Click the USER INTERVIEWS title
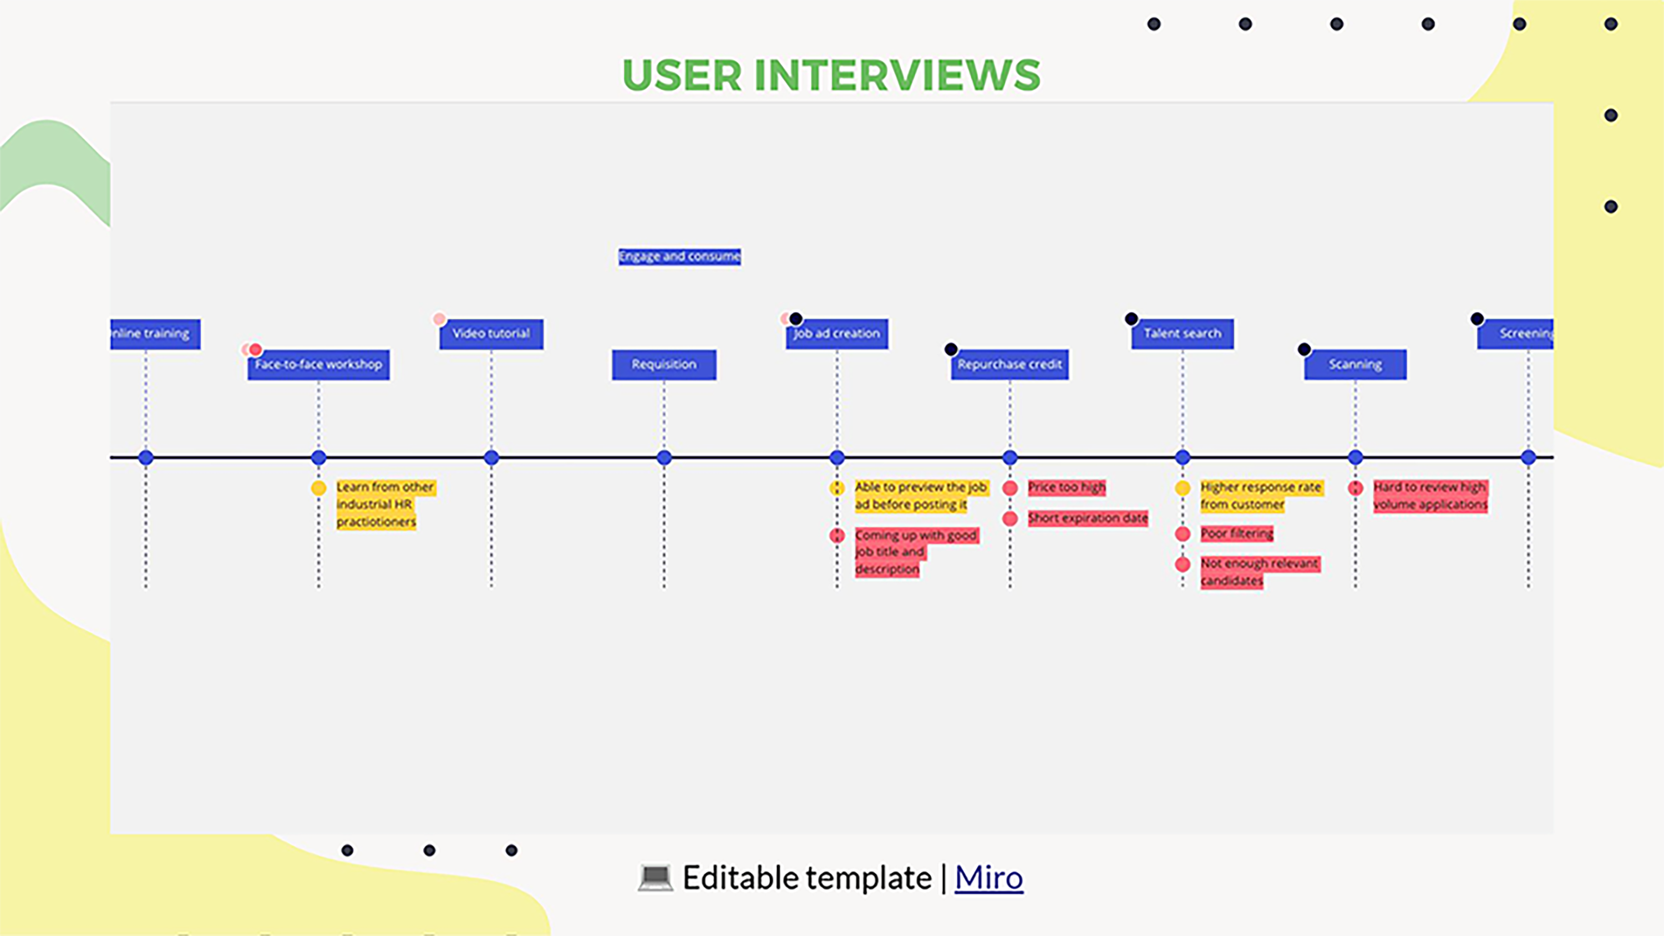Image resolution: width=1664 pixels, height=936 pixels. pyautogui.click(x=831, y=75)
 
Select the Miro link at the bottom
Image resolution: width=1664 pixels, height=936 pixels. pyautogui.click(x=988, y=878)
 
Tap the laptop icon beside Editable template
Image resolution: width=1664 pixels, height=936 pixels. pyautogui.click(x=655, y=878)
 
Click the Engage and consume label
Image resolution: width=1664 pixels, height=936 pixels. pyautogui.click(x=679, y=256)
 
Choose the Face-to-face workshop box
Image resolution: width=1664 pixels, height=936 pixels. pyautogui.click(x=318, y=365)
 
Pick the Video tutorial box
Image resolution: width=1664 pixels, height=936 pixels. pyautogui.click(x=491, y=334)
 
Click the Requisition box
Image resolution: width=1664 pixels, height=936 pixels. pyautogui.click(x=664, y=365)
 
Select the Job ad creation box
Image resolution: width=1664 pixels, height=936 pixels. pyautogui.click(x=836, y=334)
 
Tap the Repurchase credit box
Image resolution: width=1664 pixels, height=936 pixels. pyautogui.click(x=1009, y=365)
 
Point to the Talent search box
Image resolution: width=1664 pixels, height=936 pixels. pyautogui.click(x=1182, y=334)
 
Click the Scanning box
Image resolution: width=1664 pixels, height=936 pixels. pyautogui.click(x=1355, y=365)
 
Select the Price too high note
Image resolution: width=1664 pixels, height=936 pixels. pyautogui.click(x=1067, y=487)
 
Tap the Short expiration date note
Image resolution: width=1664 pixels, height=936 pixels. pyautogui.click(x=1088, y=518)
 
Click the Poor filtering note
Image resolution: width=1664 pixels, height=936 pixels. pyautogui.click(x=1236, y=533)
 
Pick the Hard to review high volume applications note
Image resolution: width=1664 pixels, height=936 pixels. pyautogui.click(x=1430, y=496)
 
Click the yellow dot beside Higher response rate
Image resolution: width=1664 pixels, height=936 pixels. pyautogui.click(x=1183, y=489)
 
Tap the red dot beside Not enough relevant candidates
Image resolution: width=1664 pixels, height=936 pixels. pyautogui.click(x=1183, y=564)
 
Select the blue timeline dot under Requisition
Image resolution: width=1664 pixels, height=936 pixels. pyautogui.click(x=664, y=458)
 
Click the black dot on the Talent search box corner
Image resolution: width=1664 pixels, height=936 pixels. pyautogui.click(x=1131, y=318)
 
